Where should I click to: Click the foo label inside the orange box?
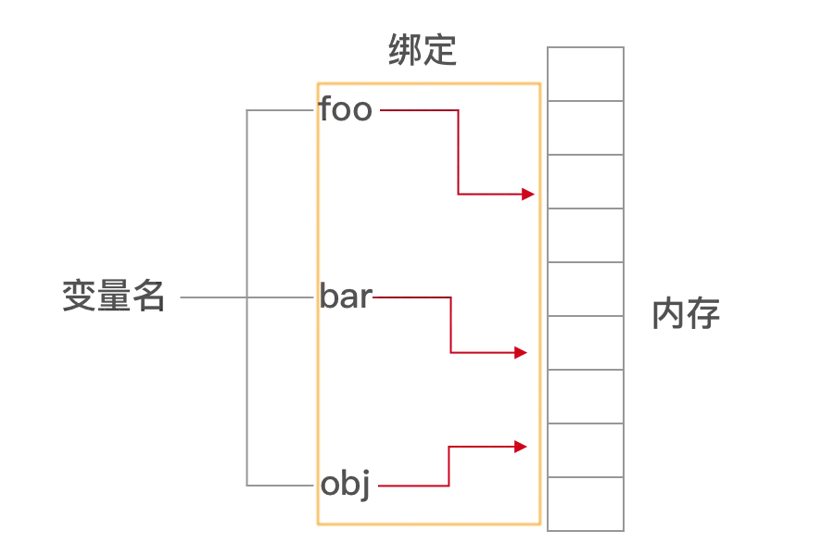click(347, 110)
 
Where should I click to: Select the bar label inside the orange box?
click(346, 299)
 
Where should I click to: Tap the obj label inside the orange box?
click(347, 485)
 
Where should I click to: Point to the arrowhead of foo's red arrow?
click(527, 195)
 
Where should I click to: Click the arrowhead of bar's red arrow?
click(521, 353)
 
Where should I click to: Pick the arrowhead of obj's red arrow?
click(521, 447)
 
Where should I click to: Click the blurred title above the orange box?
click(423, 47)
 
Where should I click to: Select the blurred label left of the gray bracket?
click(110, 293)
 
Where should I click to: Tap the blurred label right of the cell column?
click(689, 311)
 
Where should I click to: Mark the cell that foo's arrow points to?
click(586, 183)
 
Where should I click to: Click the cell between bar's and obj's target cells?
click(586, 398)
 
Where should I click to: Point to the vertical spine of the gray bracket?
click(247, 204)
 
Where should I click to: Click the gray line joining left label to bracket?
click(212, 300)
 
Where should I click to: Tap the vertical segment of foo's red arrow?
click(456, 152)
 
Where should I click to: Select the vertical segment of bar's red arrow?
click(449, 325)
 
